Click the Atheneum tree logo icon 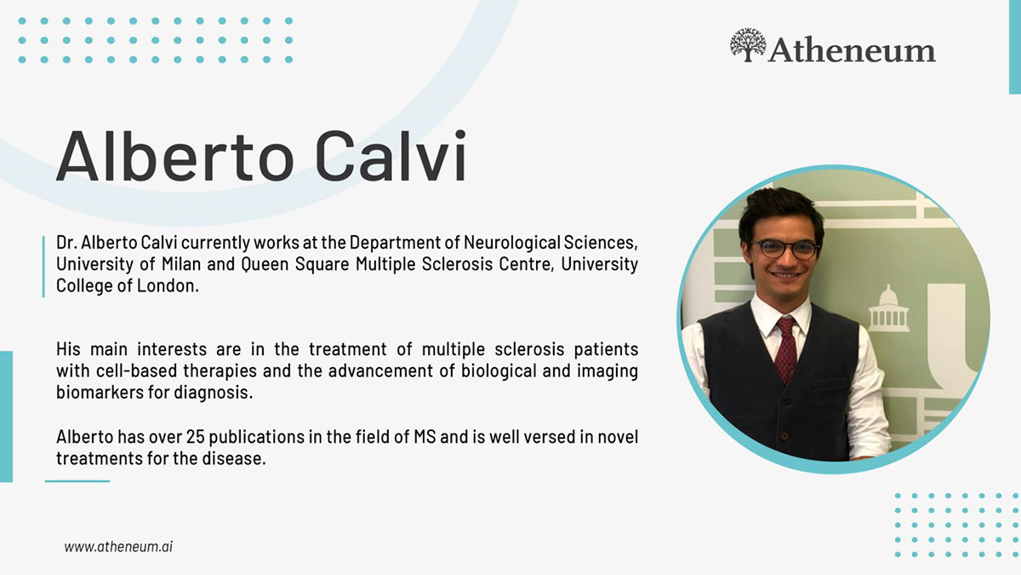(748, 44)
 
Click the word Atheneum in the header (853, 49)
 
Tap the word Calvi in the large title (391, 157)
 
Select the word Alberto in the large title (175, 157)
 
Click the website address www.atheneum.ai (118, 546)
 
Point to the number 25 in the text (195, 437)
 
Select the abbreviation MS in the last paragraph (425, 437)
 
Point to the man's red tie (786, 349)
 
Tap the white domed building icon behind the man (888, 309)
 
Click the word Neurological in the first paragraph (511, 242)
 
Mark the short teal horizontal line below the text (77, 481)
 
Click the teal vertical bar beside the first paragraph (43, 267)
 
